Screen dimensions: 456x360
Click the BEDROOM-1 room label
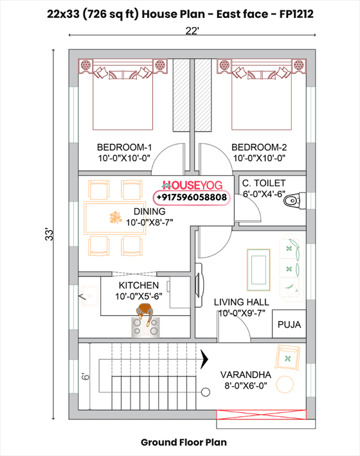click(123, 146)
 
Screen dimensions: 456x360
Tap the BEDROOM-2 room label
click(258, 146)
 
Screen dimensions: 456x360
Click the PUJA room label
click(289, 325)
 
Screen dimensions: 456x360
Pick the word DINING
click(149, 211)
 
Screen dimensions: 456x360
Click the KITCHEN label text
click(138, 285)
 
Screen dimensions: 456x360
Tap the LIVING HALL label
click(241, 302)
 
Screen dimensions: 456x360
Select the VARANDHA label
click(246, 374)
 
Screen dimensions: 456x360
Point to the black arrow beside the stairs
click(206, 357)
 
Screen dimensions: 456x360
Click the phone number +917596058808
click(192, 198)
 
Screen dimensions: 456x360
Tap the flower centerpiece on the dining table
click(116, 217)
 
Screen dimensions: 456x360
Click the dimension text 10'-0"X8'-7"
click(149, 222)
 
